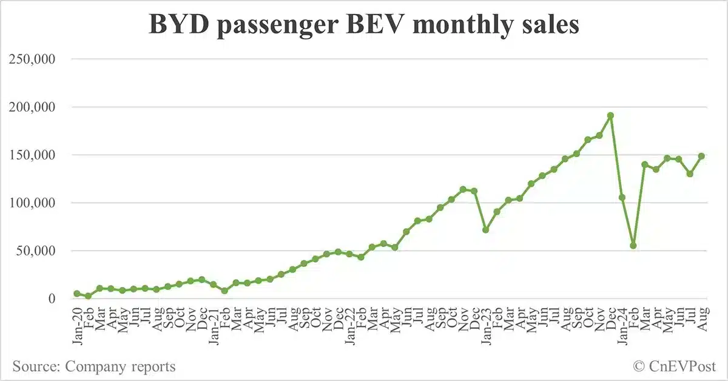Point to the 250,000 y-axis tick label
click(x=39, y=59)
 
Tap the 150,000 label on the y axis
click(x=39, y=155)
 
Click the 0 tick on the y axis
click(x=60, y=298)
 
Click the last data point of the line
click(x=701, y=156)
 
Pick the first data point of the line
click(x=77, y=294)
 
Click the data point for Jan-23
click(x=485, y=230)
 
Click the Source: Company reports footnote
click(x=94, y=366)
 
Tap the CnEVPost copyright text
click(x=675, y=366)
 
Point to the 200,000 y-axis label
click(x=39, y=107)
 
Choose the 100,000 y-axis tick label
click(x=39, y=203)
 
